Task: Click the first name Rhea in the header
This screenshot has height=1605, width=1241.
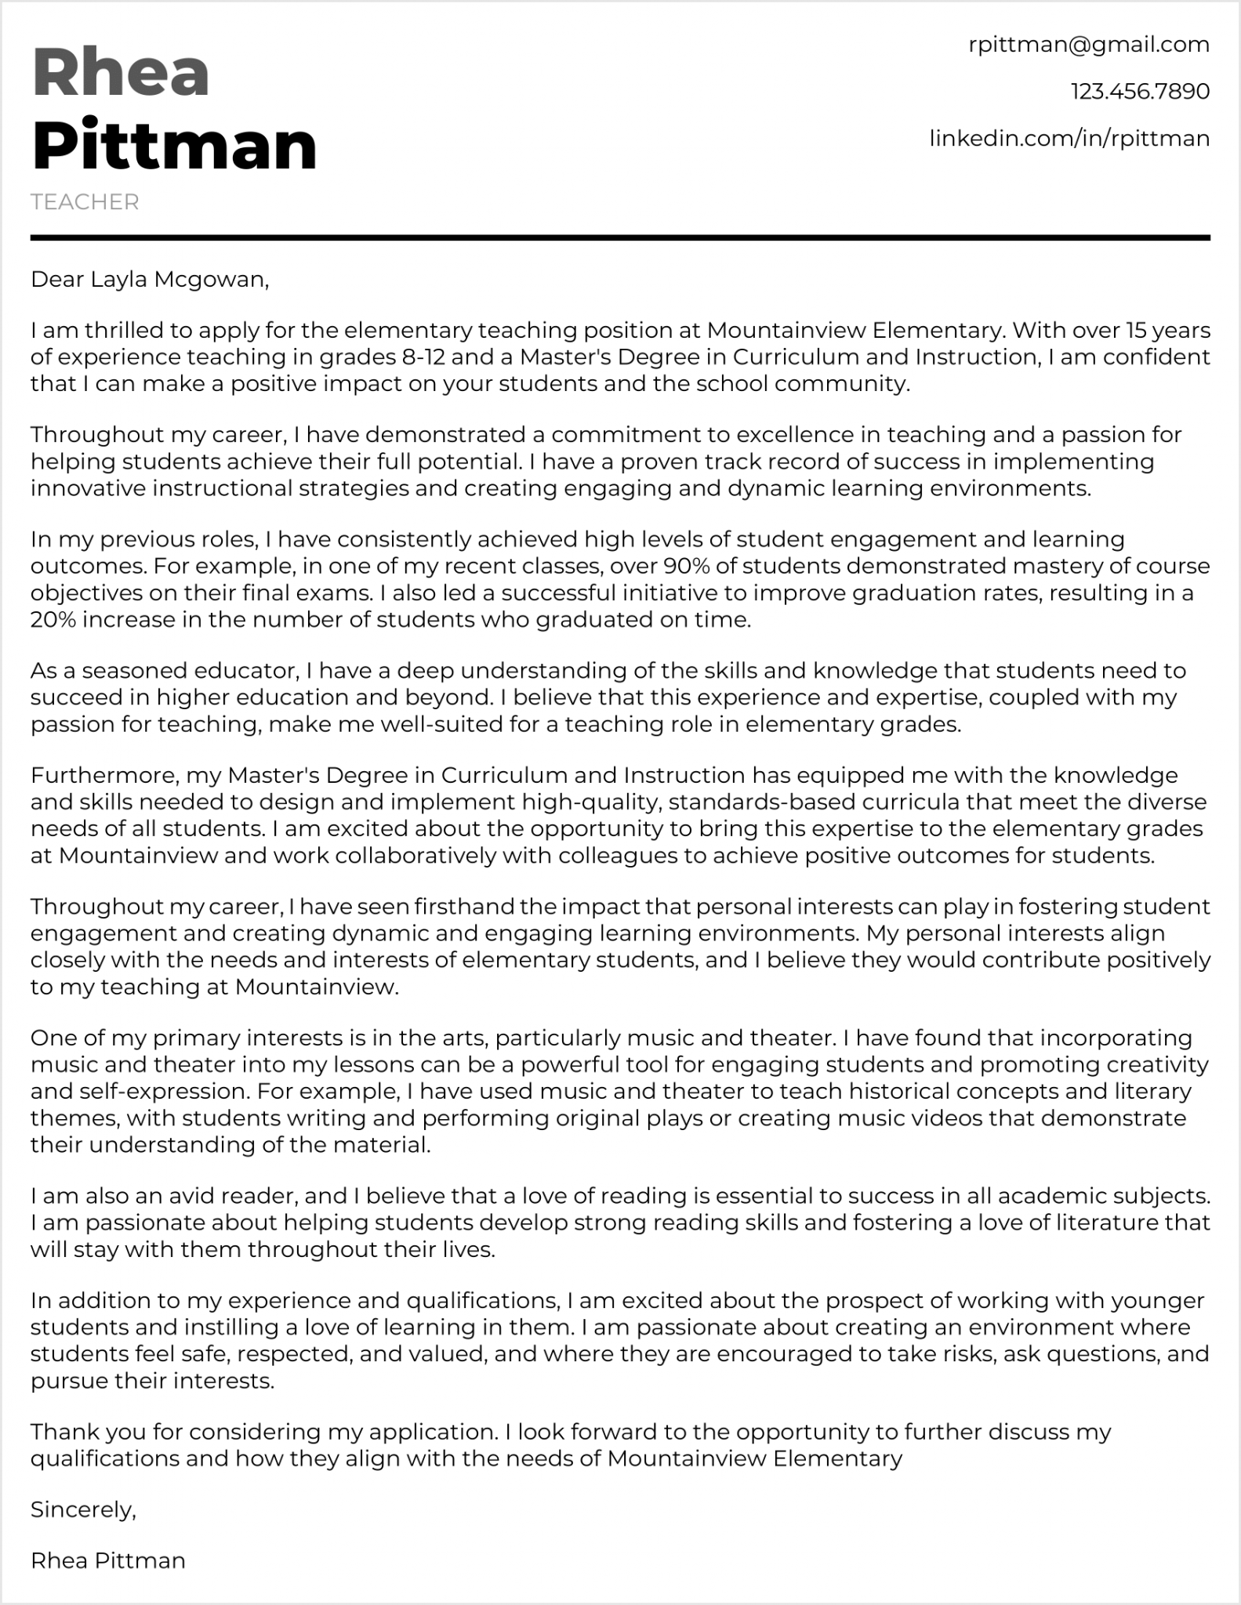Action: tap(121, 72)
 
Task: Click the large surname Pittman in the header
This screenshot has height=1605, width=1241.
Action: tap(174, 146)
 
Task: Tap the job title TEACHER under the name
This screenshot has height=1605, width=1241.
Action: tap(85, 202)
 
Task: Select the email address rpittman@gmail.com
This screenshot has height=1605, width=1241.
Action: tap(1089, 45)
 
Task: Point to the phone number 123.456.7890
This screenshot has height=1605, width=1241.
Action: tap(1140, 92)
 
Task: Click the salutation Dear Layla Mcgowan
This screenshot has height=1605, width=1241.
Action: tap(149, 279)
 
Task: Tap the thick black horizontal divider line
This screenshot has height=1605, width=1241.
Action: tap(620, 237)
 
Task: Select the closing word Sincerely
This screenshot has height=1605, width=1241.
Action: tap(83, 1509)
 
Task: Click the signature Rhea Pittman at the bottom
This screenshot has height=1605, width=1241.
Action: tap(107, 1560)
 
